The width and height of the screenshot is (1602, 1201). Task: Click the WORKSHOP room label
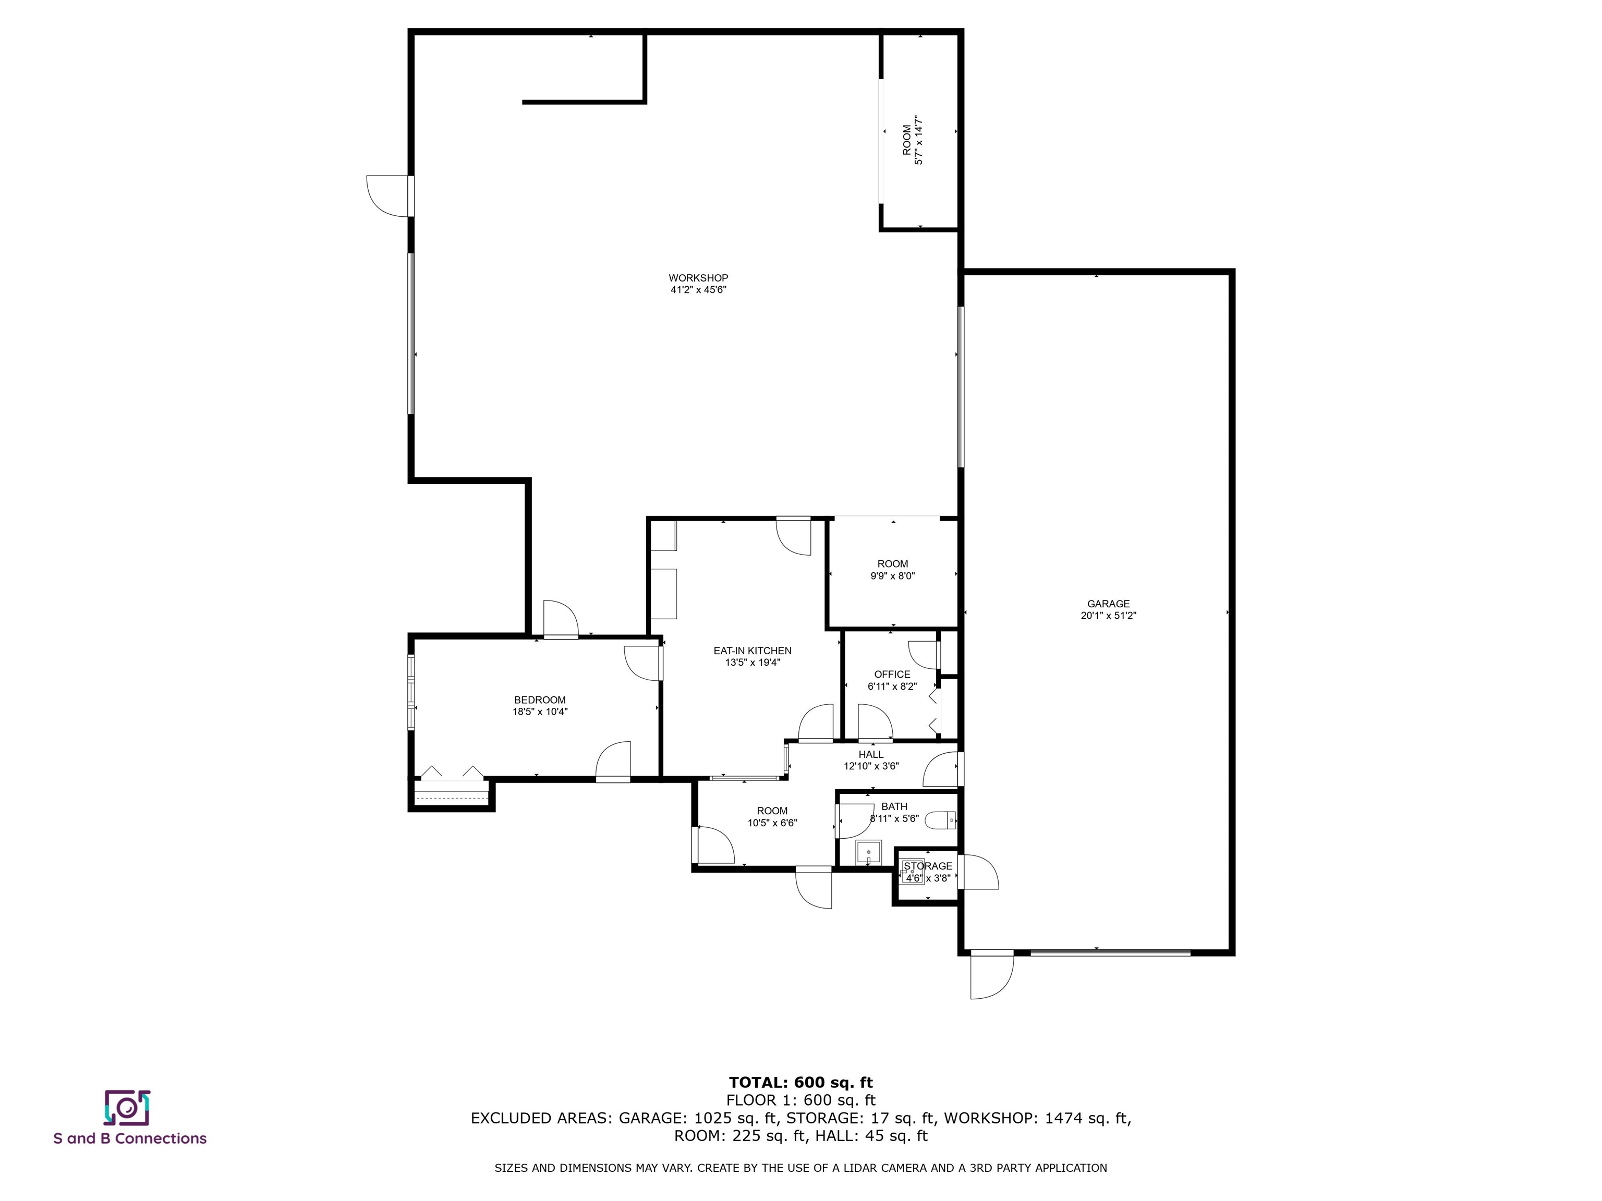(698, 278)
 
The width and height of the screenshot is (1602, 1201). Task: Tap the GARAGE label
(1108, 604)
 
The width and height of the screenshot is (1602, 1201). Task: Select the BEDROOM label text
(540, 700)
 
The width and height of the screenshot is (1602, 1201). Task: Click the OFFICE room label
(892, 674)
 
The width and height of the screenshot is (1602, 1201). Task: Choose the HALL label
(871, 754)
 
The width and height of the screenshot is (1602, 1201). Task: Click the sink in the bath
(868, 852)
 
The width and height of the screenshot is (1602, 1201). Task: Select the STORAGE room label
(928, 866)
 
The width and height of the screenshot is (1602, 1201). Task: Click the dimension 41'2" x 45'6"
(698, 290)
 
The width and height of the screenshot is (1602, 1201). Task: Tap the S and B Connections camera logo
(127, 1108)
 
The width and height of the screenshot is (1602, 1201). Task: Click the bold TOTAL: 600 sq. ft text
(800, 1082)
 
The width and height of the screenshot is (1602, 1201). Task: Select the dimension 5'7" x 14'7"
(919, 140)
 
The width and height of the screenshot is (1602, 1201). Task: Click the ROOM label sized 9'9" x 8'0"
(892, 564)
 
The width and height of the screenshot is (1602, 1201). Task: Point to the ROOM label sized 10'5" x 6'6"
(772, 811)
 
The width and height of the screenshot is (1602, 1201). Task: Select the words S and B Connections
(130, 1139)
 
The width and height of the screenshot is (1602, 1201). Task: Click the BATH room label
(894, 806)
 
